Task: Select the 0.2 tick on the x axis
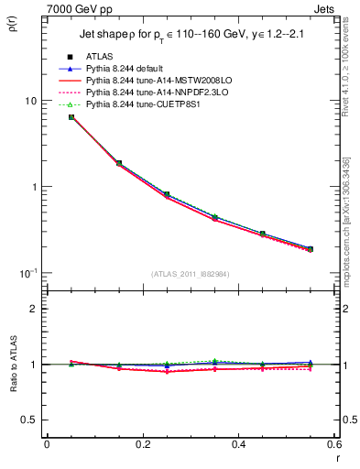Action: (x=142, y=444)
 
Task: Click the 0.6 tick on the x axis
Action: (x=333, y=444)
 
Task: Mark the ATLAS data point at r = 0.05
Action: (x=71, y=117)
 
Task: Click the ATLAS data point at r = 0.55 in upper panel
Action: (x=310, y=249)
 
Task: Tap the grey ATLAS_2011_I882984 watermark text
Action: (x=191, y=274)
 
